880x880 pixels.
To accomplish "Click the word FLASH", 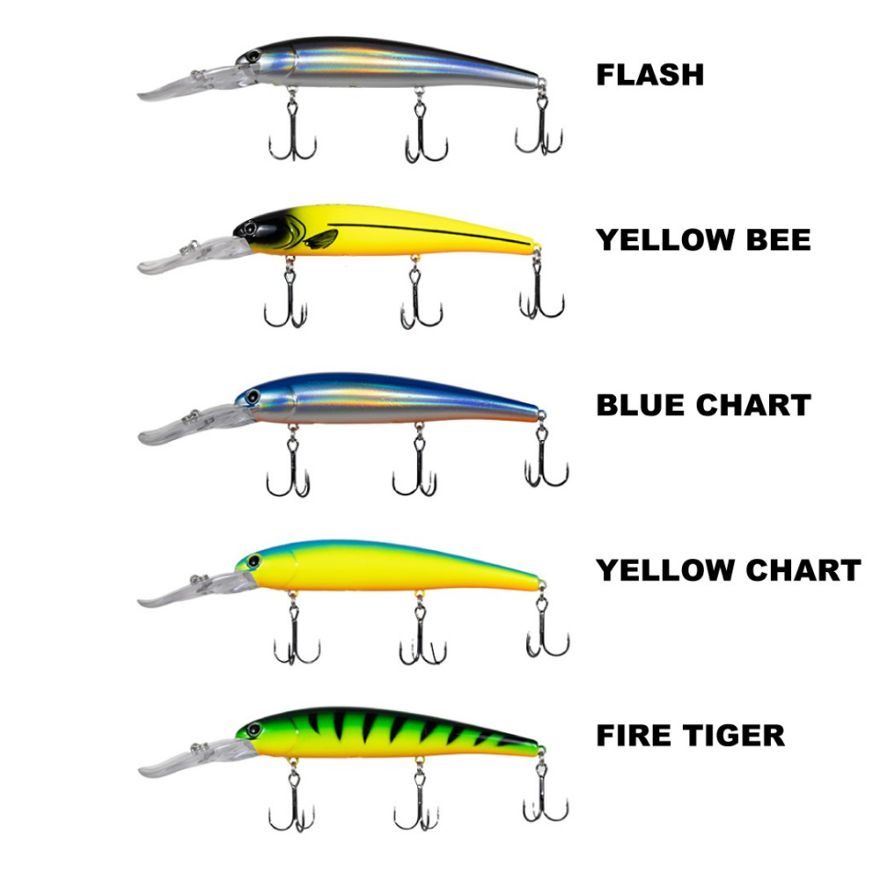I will pyautogui.click(x=650, y=75).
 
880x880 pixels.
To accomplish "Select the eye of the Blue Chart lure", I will pyautogui.click(x=248, y=397).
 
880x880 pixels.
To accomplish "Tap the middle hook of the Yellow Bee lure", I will pyautogui.click(x=420, y=298).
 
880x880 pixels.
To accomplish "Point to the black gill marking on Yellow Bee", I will pyautogui.click(x=321, y=240).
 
